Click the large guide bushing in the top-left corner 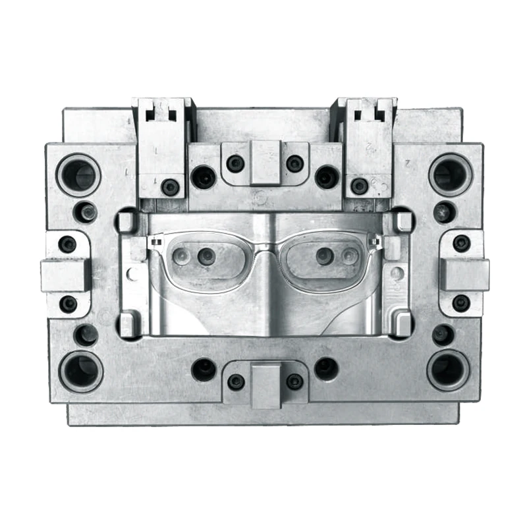tap(79, 175)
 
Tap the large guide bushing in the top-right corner tap(451, 175)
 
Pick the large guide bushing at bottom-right tap(448, 370)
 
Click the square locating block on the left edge tap(65, 274)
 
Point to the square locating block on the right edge tap(464, 274)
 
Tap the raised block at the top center tap(265, 162)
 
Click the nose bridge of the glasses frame tap(265, 247)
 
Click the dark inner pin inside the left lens tap(206, 256)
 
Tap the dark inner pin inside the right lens tap(323, 256)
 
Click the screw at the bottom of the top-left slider tap(170, 187)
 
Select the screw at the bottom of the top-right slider tap(360, 186)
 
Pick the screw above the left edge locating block tap(67, 244)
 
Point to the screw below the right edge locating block tap(461, 303)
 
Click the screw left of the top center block tap(235, 163)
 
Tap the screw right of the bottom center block tap(295, 381)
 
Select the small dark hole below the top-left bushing tap(86, 212)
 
